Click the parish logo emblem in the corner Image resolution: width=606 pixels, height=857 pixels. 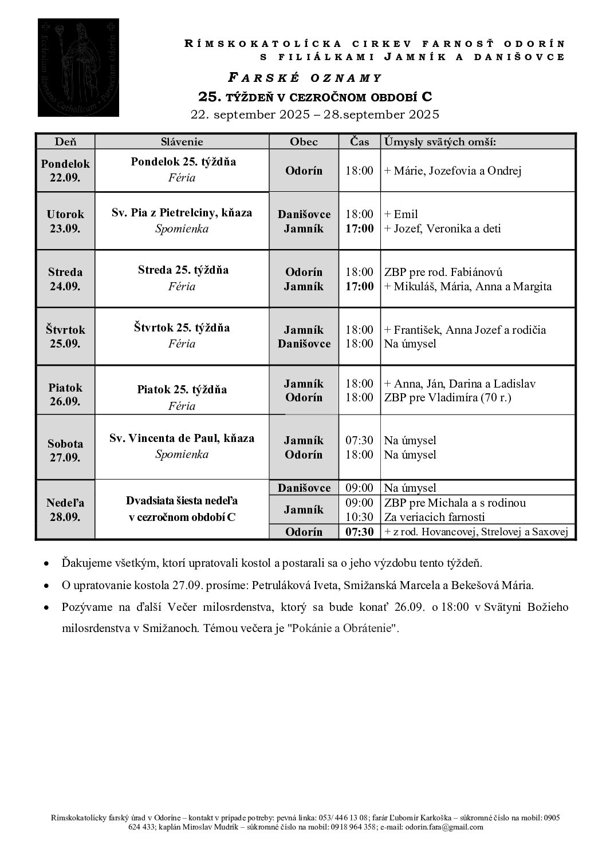coord(78,68)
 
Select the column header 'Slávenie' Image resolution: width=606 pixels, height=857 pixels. coord(182,141)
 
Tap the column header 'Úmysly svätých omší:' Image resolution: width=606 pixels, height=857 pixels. coord(440,141)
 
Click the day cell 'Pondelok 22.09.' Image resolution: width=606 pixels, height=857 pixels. coord(65,171)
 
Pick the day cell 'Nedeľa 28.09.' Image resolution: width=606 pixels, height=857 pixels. coord(65,510)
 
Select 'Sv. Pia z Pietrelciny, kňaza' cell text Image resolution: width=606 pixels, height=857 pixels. coord(182,213)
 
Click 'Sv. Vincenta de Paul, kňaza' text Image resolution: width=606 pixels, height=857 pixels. coord(182,439)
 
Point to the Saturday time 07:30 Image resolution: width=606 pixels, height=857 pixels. coord(359,440)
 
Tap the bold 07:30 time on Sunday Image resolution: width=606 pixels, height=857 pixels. coord(359,532)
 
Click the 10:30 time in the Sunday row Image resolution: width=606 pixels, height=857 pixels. coord(359,517)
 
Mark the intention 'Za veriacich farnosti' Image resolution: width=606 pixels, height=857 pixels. coord(434,517)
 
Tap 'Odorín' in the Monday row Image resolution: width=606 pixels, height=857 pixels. coord(304,171)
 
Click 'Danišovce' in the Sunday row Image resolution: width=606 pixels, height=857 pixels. coord(304,488)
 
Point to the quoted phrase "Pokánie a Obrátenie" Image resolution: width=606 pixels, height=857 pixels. coord(343,628)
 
